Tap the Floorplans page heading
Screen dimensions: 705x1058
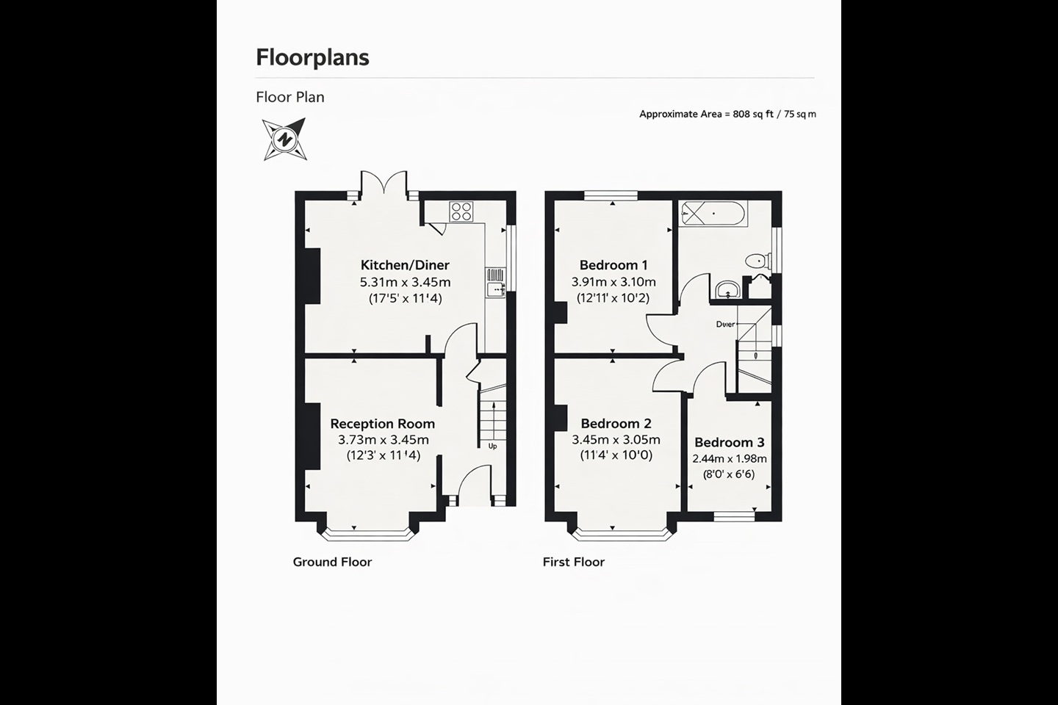(x=312, y=57)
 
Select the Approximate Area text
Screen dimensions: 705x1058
(x=727, y=114)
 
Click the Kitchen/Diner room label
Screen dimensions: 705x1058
(x=405, y=265)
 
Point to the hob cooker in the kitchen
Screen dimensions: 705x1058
(x=461, y=211)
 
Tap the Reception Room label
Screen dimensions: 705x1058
(x=382, y=424)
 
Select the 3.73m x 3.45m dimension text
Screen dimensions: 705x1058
(x=383, y=440)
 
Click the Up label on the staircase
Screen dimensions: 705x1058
(x=492, y=446)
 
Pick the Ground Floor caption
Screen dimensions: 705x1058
(x=332, y=562)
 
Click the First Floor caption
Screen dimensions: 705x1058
(x=573, y=562)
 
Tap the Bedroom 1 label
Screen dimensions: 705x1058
(x=613, y=265)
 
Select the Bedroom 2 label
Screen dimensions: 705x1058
(x=616, y=424)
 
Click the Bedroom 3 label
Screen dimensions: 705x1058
(x=729, y=442)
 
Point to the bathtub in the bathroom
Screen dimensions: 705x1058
(x=712, y=214)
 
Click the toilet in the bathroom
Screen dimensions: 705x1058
(x=757, y=261)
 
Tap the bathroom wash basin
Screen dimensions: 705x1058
(x=727, y=289)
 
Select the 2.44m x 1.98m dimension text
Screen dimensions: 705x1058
(x=729, y=459)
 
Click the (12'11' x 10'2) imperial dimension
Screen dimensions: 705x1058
(x=613, y=298)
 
